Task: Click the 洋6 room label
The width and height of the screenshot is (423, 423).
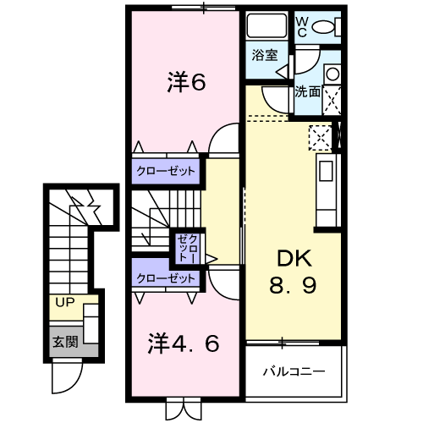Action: click(x=185, y=83)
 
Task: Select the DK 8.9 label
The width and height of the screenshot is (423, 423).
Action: click(x=293, y=272)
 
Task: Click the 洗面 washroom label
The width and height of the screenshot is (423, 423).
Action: click(x=307, y=92)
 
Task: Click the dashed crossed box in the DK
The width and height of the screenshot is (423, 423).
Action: click(x=321, y=136)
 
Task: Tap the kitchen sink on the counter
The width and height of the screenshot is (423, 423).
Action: click(x=327, y=176)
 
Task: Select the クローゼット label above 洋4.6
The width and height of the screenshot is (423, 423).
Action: click(x=167, y=277)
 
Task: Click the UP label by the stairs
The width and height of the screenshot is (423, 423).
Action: click(x=64, y=302)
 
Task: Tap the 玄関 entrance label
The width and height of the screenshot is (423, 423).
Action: click(x=64, y=343)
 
